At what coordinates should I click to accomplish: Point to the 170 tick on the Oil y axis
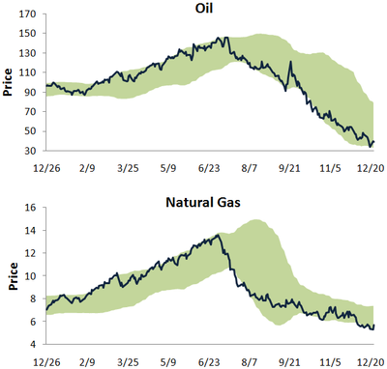point(28,16)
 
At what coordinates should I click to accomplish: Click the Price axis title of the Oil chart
point(9,83)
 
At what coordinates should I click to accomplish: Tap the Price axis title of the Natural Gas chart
point(9,276)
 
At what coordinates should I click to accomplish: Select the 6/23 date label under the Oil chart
point(208,167)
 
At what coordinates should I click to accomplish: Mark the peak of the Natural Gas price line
point(218,235)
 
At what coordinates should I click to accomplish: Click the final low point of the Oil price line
point(371,146)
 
